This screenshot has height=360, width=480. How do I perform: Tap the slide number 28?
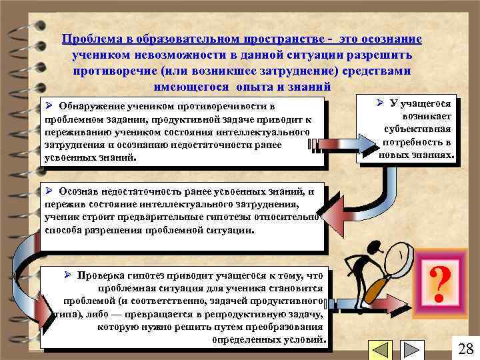466,348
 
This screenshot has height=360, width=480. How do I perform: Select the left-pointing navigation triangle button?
380,350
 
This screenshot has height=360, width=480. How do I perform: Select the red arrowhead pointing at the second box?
335,215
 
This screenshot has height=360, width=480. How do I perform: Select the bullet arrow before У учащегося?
379,103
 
